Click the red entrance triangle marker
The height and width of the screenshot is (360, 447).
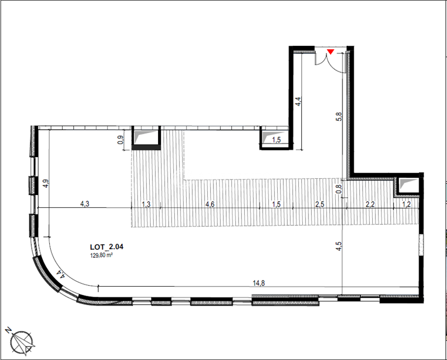(x=331, y=52)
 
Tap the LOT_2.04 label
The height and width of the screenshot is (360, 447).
(x=106, y=245)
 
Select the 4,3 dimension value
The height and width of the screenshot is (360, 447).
(x=85, y=205)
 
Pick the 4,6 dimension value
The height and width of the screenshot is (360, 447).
(x=210, y=205)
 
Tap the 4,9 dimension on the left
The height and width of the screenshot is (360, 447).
(x=45, y=183)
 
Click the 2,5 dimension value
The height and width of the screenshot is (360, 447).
(x=320, y=205)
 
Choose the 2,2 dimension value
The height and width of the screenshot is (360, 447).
(x=370, y=205)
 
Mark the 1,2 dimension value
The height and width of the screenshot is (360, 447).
(x=407, y=205)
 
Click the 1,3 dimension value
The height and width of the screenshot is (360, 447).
(x=146, y=205)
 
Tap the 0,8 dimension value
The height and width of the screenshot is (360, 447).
(x=337, y=190)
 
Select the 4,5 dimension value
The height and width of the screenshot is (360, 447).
(x=337, y=246)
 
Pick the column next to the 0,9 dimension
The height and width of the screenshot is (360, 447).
(x=146, y=138)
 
